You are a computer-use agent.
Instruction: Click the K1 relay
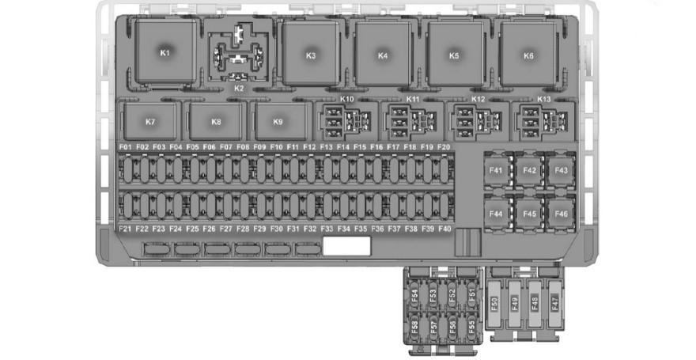[x=165, y=51]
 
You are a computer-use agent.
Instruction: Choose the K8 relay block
[x=216, y=122]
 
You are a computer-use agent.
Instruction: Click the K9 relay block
[x=278, y=122]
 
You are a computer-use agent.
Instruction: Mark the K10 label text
[x=347, y=99]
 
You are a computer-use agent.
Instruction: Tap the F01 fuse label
[x=126, y=147]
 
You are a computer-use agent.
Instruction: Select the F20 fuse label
[x=444, y=147]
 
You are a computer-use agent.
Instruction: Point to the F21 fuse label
[x=126, y=229]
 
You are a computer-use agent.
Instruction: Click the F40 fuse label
[x=444, y=229]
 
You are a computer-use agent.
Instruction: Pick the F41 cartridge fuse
[x=496, y=170]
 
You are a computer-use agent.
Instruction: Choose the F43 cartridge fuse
[x=561, y=170]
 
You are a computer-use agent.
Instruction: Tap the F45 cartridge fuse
[x=529, y=214]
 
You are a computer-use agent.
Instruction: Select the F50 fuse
[x=494, y=304]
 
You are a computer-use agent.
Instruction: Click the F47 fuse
[x=555, y=304]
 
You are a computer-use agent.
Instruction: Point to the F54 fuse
[x=415, y=295]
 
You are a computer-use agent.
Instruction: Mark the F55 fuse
[x=471, y=326]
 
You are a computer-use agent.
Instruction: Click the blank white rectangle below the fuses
[x=346, y=246]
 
